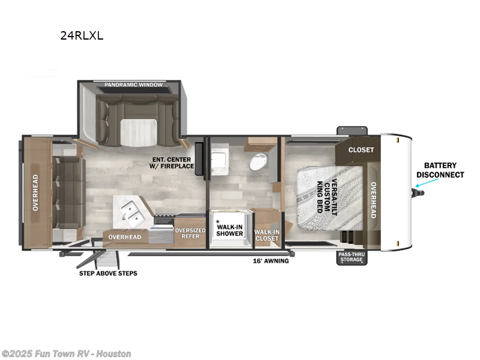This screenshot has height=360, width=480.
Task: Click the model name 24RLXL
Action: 82,36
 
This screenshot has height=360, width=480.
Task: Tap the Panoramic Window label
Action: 133,85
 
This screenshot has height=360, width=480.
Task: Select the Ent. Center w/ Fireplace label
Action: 172,163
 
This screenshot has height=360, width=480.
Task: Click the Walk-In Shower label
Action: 230,230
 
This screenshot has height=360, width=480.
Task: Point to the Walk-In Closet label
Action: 267,235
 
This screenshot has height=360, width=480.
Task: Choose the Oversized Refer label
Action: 190,233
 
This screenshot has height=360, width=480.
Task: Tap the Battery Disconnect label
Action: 440,170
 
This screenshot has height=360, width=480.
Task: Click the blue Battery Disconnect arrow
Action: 427,182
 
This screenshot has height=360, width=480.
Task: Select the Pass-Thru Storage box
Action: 352,257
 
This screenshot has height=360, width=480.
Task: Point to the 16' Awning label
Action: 271,261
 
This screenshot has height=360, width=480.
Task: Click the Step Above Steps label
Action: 108,274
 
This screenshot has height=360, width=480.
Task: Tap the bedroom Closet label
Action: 361,150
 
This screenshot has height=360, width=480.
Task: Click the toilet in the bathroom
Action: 258,161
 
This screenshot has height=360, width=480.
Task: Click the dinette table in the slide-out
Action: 139,132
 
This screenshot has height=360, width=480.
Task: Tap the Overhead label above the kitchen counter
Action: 125,237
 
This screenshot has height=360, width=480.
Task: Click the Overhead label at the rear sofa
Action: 35,193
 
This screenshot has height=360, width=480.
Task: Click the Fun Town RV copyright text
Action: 66,354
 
